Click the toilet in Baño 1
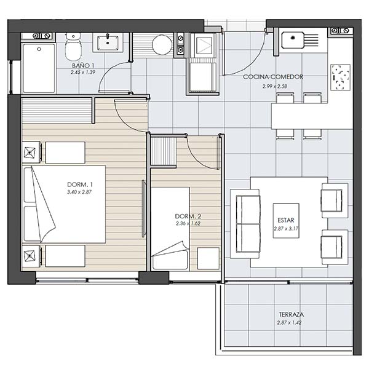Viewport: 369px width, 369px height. pos(73,47)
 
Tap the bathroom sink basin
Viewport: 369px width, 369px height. pos(108,43)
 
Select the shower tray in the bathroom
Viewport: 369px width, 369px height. pos(39,68)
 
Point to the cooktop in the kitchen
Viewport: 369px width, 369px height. pos(340,77)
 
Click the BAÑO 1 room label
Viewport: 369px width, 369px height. pos(83,65)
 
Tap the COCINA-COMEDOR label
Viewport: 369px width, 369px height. pos(273,77)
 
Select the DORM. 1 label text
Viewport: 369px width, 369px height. pos(80,184)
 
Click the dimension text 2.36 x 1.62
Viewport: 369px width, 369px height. pos(188,223)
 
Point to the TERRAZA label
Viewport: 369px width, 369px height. pos(291,314)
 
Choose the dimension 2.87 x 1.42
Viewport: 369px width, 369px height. pos(289,323)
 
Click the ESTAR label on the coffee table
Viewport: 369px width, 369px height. pos(286,220)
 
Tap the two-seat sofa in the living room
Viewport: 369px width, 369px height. pos(245,224)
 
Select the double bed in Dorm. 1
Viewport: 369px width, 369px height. pos(64,204)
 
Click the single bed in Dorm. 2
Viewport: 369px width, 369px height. pos(170,229)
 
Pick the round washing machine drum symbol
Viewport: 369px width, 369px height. pos(162,45)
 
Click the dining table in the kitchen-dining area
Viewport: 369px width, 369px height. pos(312,116)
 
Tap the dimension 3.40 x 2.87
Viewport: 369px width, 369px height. pos(79,192)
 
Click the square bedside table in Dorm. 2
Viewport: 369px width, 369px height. pos(208,258)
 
